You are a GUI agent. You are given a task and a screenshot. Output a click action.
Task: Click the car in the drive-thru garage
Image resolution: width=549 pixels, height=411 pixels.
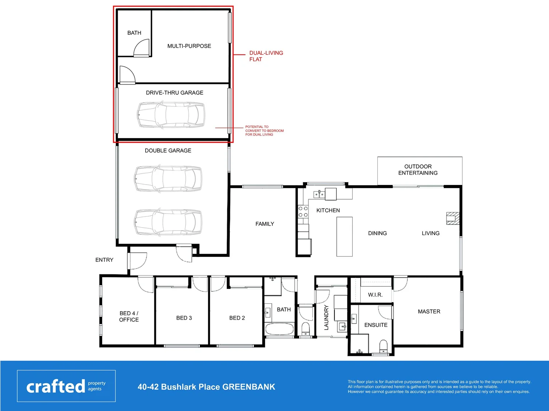[171, 115]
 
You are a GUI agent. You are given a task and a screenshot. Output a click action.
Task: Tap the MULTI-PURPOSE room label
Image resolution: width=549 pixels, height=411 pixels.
[189, 46]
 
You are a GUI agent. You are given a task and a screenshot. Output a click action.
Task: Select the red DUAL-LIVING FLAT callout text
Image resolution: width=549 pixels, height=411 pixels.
[266, 56]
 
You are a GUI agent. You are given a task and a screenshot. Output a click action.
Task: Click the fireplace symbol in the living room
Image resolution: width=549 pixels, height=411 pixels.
[453, 218]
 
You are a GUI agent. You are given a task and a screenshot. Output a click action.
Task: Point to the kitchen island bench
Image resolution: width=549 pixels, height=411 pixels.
[344, 237]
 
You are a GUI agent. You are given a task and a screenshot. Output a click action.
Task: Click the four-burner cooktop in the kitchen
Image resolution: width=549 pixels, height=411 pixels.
[303, 212]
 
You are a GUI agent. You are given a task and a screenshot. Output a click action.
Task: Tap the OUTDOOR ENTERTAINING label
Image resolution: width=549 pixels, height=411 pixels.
[418, 170]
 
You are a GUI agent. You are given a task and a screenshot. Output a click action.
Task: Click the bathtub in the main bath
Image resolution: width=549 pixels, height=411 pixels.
[279, 329]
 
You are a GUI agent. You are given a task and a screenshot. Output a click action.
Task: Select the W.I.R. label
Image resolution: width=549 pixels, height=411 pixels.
[375, 295]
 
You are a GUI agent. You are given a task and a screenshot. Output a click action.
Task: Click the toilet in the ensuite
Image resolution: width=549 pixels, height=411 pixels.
[383, 346]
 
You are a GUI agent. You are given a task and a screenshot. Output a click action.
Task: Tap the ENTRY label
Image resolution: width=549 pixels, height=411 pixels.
[104, 260]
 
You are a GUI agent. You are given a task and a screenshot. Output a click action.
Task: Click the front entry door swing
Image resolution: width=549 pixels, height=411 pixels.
[138, 261]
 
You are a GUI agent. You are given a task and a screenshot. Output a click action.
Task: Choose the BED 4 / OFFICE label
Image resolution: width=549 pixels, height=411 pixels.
[129, 317]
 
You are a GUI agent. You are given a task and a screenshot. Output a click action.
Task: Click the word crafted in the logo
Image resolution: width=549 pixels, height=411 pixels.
[56, 387]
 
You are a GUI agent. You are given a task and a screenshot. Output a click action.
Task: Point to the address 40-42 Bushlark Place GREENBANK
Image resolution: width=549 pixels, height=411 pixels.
[206, 387]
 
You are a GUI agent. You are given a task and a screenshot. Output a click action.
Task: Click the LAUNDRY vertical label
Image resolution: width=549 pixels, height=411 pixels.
[326, 317]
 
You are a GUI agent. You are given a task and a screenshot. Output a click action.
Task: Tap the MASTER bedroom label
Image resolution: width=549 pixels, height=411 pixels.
[429, 312]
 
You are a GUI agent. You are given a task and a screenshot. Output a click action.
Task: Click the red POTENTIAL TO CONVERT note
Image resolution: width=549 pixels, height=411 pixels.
[264, 131]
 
